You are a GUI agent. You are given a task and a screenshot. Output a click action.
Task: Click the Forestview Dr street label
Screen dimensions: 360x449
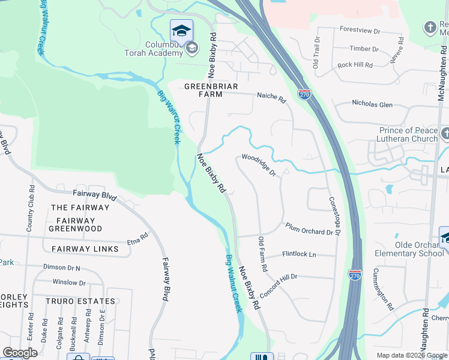360,29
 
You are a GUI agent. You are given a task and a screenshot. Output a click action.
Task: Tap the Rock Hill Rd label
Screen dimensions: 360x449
355,64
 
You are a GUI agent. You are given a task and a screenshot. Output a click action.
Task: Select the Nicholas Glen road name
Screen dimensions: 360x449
372,104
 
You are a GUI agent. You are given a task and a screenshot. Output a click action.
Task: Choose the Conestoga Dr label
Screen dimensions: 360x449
334,216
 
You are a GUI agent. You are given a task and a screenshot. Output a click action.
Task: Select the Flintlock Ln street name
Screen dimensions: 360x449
299,254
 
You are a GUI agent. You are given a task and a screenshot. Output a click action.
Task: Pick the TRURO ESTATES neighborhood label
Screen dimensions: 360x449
83,301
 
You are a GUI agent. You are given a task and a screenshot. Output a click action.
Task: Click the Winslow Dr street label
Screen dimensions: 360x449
69,282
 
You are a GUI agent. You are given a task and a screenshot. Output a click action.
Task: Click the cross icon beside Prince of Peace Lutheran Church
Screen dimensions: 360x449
445,133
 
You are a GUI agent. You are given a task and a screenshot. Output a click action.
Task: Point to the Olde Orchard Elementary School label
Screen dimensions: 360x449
419,249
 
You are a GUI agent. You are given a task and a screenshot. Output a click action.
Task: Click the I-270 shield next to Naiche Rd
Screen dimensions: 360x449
304,94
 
